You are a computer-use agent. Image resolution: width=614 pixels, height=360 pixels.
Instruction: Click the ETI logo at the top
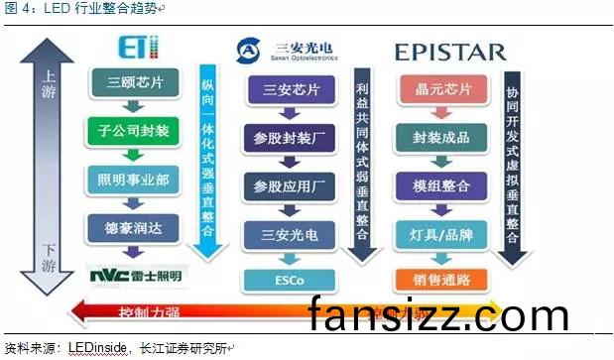138,48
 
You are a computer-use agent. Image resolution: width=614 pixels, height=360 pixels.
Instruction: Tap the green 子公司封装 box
135,130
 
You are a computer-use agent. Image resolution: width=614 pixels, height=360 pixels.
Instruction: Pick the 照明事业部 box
135,179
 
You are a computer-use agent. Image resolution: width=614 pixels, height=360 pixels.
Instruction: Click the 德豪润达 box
135,226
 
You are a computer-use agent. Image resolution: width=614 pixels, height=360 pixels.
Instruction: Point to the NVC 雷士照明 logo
135,274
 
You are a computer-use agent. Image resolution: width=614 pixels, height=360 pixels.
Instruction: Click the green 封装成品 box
441,137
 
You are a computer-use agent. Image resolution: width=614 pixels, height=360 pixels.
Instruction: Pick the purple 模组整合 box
441,185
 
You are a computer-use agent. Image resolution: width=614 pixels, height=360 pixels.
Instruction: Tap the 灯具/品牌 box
441,234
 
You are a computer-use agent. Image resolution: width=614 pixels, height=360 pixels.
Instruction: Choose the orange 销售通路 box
441,279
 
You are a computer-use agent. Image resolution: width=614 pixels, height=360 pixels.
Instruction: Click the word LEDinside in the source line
96,348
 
